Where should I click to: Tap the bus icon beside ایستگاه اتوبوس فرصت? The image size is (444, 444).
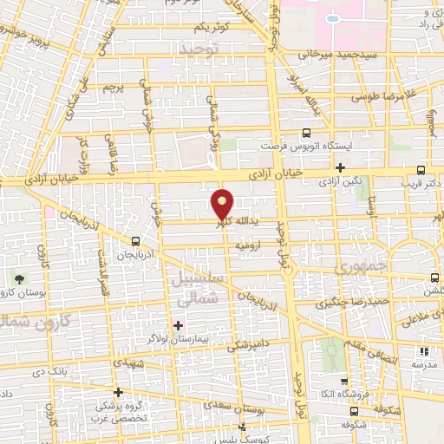305,134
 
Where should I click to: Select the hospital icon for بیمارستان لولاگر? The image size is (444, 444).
179,325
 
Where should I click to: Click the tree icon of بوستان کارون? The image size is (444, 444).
19,278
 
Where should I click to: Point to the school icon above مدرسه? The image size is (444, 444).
424,351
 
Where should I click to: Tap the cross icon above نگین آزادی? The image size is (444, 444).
341,167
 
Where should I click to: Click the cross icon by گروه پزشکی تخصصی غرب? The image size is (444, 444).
119,392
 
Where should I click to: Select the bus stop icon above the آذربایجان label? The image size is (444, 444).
135,241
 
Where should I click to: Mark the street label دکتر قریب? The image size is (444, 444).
426,184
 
